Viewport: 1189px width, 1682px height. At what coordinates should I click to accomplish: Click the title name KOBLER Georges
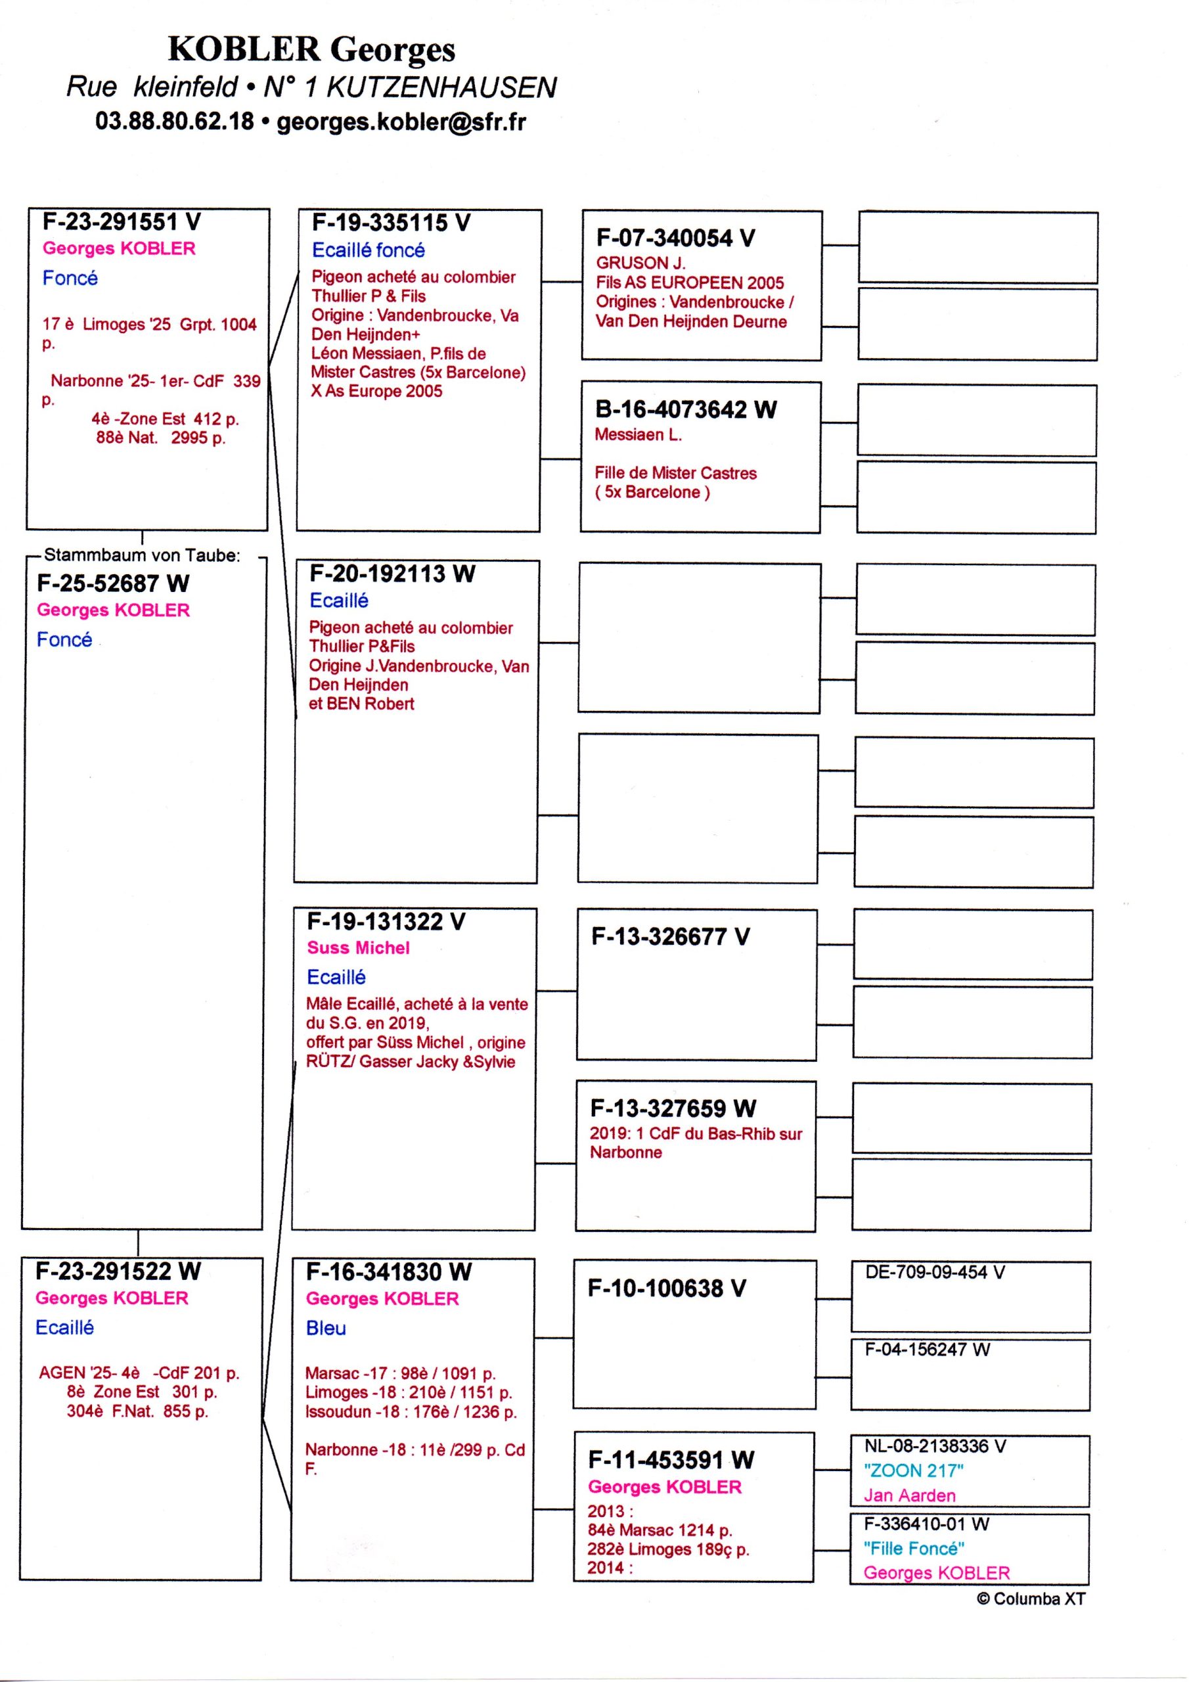coord(311,50)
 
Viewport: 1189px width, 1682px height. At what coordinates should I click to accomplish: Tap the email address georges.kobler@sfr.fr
coord(401,122)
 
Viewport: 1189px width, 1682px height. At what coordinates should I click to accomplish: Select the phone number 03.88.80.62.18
coord(174,122)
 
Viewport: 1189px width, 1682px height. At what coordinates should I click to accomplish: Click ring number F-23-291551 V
coord(122,221)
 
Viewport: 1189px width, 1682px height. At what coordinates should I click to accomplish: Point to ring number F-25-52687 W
coord(113,583)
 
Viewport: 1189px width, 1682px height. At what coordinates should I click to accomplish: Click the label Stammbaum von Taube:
coord(142,555)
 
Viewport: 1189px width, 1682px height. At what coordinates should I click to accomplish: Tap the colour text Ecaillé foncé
coord(368,250)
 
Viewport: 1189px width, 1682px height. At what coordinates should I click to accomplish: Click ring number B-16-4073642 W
coord(686,409)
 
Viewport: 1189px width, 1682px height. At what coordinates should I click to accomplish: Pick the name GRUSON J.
coord(640,263)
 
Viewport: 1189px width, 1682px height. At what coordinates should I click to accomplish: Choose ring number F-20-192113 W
coord(392,574)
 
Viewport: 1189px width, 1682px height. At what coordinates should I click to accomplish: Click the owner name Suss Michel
coord(358,948)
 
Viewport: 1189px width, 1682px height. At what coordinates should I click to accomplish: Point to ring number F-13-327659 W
coord(673,1108)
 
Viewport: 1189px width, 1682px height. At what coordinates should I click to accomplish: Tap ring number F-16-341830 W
coord(388,1272)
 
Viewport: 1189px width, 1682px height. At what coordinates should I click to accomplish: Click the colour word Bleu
coord(326,1328)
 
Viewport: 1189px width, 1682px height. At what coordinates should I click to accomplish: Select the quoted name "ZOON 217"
coord(913,1470)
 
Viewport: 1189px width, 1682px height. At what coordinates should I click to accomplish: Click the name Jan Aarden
coord(909,1495)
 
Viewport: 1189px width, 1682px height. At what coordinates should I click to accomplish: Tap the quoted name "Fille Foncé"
coord(914,1548)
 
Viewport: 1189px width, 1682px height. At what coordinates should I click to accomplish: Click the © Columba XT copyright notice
coord(1031,1599)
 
